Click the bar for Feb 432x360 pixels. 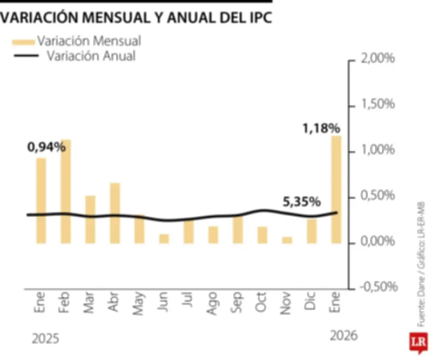[x=66, y=191]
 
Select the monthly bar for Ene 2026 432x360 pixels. [x=336, y=189]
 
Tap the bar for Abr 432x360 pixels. [x=115, y=213]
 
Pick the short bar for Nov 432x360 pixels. [x=287, y=240]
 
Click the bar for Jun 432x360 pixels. [x=164, y=238]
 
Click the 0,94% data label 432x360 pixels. [x=46, y=146]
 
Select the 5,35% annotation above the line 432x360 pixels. [x=302, y=202]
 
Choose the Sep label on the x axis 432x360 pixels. [x=237, y=305]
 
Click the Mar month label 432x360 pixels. [x=90, y=305]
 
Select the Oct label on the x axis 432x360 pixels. [x=262, y=305]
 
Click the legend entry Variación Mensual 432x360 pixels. [x=89, y=41]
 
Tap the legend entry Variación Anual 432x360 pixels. [x=91, y=56]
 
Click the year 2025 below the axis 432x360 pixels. [x=45, y=339]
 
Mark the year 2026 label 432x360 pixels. [x=343, y=336]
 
